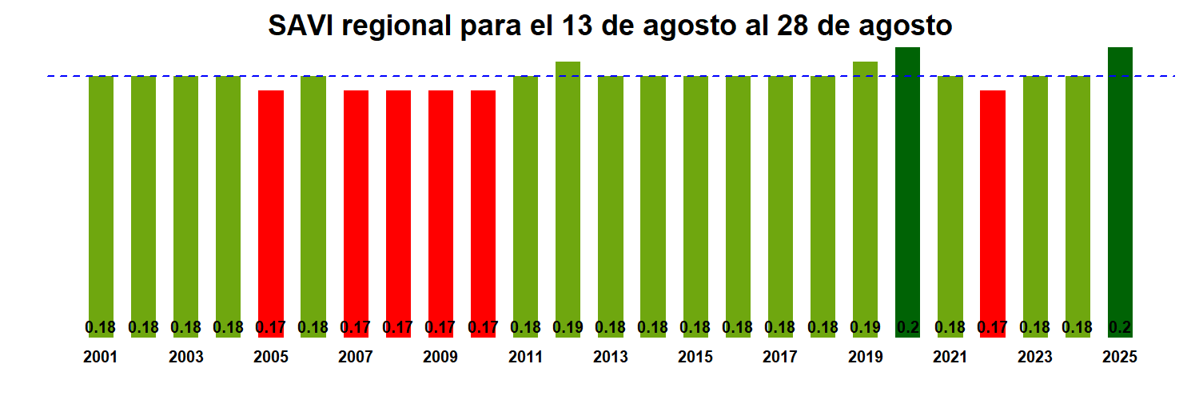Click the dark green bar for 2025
click(1120, 192)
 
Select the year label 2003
click(185, 358)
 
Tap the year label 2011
click(525, 358)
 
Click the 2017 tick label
click(780, 358)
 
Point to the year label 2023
click(1034, 358)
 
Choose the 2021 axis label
click(950, 358)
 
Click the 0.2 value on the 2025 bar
click(1120, 327)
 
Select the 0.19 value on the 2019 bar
click(865, 327)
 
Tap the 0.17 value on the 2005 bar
click(271, 327)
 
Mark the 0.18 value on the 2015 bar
click(695, 327)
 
